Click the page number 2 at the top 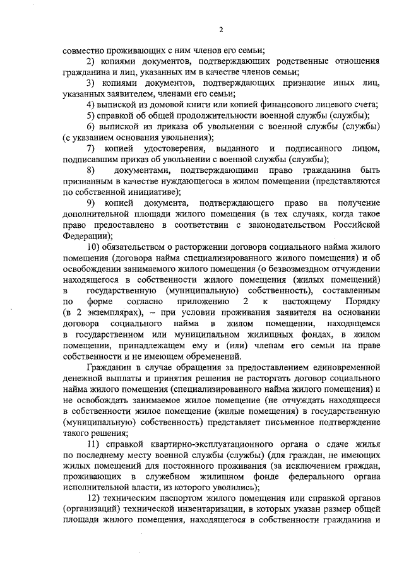click(x=221, y=29)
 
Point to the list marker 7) click(x=91, y=148)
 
